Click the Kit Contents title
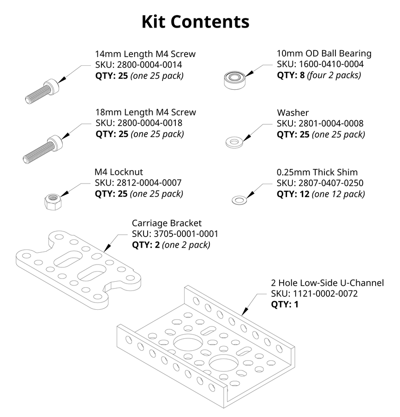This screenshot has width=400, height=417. [x=195, y=22]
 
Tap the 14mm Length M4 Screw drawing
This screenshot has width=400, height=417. [x=42, y=92]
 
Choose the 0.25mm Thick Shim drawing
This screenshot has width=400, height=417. [x=239, y=199]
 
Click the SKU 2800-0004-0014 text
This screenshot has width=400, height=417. [x=138, y=65]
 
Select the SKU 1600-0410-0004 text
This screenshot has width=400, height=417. [x=320, y=64]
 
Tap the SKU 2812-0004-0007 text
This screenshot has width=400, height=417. [x=138, y=183]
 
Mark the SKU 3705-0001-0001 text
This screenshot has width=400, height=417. [x=175, y=234]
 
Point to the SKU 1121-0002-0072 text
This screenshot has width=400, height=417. [x=314, y=294]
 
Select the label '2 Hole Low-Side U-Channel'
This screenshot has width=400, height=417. [x=327, y=282]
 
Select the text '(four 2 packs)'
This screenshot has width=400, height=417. [x=334, y=75]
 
